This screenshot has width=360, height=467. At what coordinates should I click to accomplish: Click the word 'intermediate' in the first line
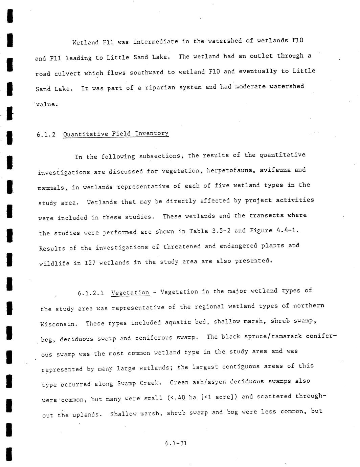[155, 42]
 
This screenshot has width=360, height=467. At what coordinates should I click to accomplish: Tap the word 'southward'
[147, 72]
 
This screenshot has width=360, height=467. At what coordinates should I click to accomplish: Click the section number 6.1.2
[46, 135]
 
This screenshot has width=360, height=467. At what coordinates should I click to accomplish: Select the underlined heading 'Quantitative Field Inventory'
[116, 133]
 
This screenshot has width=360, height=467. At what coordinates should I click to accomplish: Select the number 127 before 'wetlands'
[90, 263]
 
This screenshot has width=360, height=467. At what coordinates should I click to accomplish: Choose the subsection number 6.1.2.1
[91, 293]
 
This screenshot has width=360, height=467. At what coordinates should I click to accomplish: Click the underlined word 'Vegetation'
[130, 293]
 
